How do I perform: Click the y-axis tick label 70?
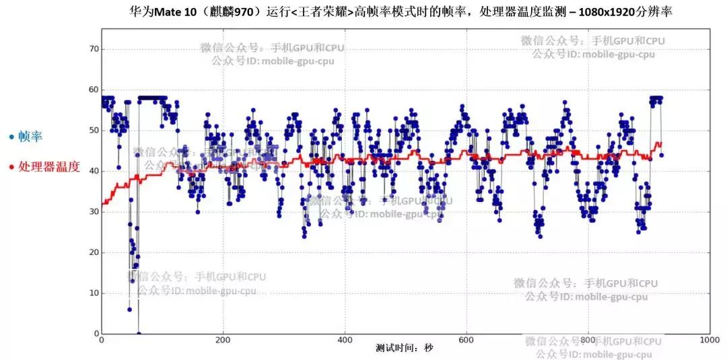tap(94, 49)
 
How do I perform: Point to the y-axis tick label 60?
tap(94, 89)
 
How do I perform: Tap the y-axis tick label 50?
tap(94, 131)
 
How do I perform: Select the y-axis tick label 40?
tap(94, 171)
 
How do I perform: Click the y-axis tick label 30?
tap(94, 212)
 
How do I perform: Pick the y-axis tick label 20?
tap(94, 252)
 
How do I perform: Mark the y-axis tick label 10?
tap(94, 293)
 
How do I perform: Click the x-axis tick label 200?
tap(223, 340)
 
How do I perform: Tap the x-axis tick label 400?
tap(345, 340)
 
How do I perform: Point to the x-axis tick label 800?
tap(588, 340)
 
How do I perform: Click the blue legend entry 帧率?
tap(30, 137)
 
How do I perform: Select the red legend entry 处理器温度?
tap(48, 166)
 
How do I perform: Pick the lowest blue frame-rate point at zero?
tap(139, 334)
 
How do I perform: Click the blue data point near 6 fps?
tap(129, 310)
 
